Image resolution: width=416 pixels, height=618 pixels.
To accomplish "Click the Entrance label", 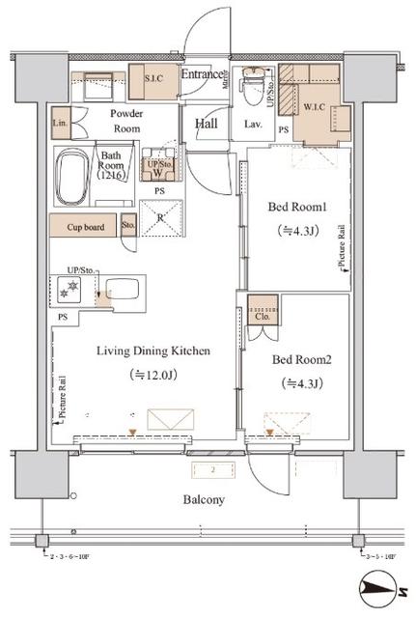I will tap(204, 73).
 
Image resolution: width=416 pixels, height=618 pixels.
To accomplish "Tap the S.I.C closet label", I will tap(156, 77).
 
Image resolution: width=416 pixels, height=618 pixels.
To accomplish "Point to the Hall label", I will tap(207, 123).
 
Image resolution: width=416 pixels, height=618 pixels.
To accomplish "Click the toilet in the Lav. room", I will tap(253, 83).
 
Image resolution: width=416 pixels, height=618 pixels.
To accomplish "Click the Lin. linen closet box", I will tap(61, 124).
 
